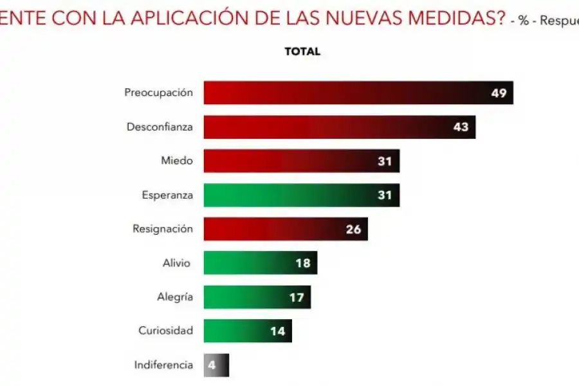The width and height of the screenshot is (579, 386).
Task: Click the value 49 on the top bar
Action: (499, 93)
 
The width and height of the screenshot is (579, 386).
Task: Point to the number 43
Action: (461, 127)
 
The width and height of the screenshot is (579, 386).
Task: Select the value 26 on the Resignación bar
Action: (353, 228)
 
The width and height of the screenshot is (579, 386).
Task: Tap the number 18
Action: (303, 262)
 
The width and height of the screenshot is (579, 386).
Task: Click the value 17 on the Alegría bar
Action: (297, 297)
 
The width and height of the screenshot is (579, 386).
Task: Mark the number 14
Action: (277, 331)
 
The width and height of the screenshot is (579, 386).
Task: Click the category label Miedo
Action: (176, 160)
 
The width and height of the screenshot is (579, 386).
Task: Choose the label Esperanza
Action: (167, 194)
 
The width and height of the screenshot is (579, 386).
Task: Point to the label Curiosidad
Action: (165, 331)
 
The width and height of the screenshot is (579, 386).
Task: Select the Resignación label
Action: (162, 228)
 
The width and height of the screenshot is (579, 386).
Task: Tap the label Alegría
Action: (174, 297)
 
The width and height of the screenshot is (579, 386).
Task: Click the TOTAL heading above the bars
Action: (302, 51)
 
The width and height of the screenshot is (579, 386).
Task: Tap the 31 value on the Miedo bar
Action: (385, 161)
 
